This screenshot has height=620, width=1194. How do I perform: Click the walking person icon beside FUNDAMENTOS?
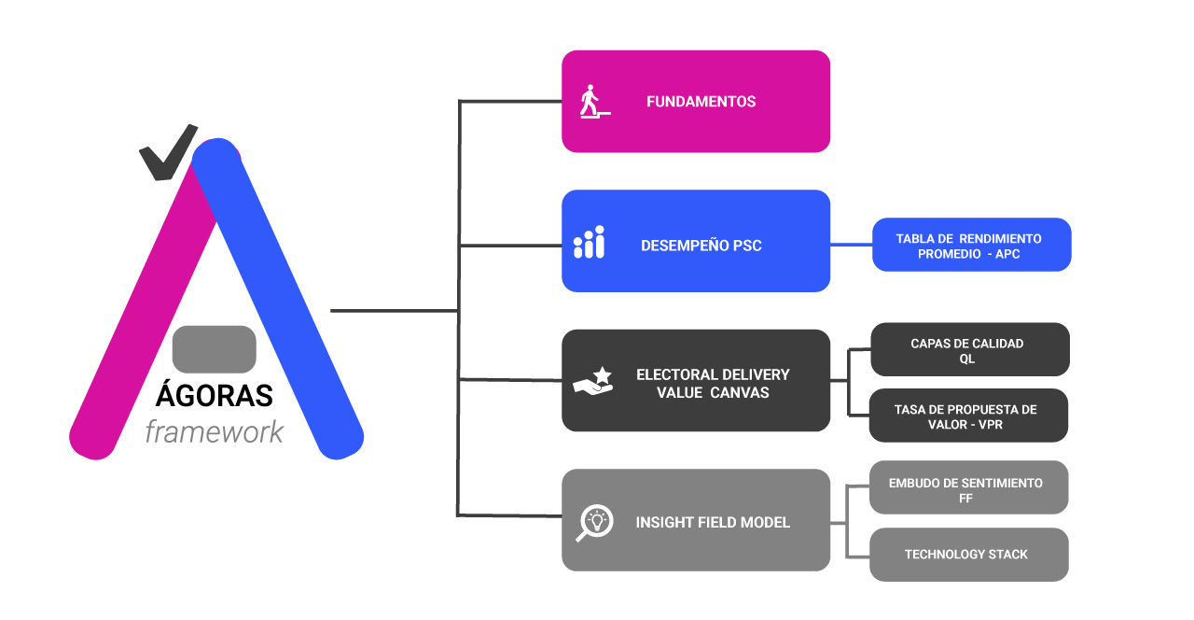tap(594, 102)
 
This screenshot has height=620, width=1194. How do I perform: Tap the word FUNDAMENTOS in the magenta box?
tap(701, 102)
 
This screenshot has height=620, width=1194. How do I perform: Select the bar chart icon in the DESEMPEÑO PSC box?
tap(589, 242)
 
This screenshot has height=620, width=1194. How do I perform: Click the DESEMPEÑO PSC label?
tap(701, 246)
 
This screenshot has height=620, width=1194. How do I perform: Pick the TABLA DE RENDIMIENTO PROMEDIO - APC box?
tap(971, 245)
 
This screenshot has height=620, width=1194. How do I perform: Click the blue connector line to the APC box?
tap(852, 245)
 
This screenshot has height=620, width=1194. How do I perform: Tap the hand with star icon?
tap(592, 381)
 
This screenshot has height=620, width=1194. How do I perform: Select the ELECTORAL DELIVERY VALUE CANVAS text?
tap(713, 384)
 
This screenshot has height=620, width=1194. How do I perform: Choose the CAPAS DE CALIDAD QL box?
tap(970, 349)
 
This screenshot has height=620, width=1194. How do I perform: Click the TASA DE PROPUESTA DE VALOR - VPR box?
tap(968, 416)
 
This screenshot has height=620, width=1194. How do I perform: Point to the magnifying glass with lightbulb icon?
tap(594, 522)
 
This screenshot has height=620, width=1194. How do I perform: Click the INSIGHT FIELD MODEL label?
tap(713, 522)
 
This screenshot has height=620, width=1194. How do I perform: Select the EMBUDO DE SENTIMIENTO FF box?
tap(968, 487)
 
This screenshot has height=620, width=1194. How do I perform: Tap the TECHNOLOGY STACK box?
tap(968, 555)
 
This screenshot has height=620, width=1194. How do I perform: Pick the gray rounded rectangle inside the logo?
tap(215, 349)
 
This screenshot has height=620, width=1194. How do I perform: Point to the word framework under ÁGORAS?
tap(215, 432)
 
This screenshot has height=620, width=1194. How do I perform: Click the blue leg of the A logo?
tap(277, 299)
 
